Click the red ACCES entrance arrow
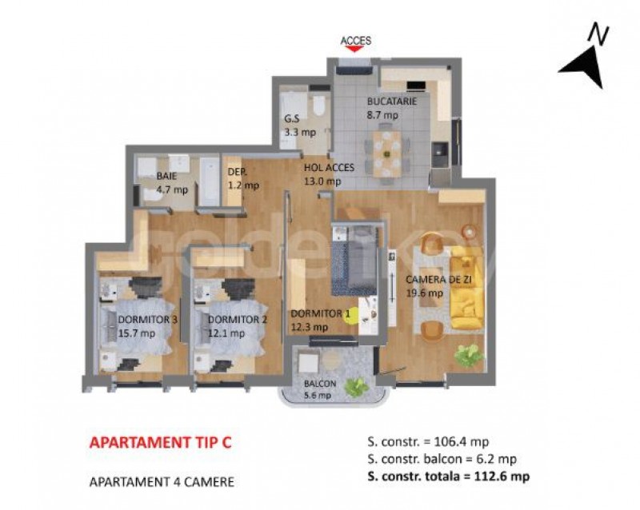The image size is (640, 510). click(354, 49)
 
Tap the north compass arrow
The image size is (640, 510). click(585, 67)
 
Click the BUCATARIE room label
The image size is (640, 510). click(392, 102)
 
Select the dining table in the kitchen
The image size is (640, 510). click(386, 153)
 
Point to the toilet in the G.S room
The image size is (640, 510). click(318, 105)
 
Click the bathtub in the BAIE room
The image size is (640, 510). click(210, 182)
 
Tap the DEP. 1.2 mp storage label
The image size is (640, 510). click(243, 179)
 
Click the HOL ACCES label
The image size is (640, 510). click(329, 167)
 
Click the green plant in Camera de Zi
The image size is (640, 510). click(470, 355)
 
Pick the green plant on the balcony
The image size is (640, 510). click(356, 388)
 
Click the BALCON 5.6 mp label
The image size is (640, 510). click(319, 389)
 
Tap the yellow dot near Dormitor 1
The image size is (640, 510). click(350, 315)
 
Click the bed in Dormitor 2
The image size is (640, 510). click(226, 326)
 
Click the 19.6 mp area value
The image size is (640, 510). click(425, 293)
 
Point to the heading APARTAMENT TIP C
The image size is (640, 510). click(161, 442)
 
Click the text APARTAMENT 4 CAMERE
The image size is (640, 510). click(162, 482)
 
